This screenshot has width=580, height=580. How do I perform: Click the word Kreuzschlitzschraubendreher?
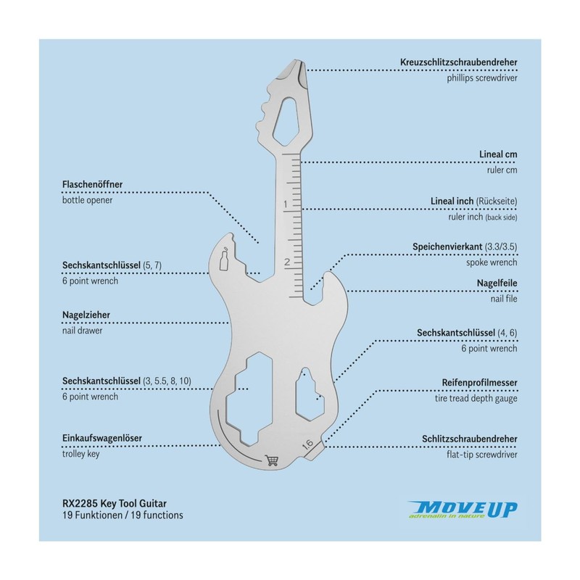click(x=459, y=62)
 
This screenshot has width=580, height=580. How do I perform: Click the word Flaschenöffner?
click(x=97, y=185)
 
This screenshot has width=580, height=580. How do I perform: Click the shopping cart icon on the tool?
click(x=273, y=459)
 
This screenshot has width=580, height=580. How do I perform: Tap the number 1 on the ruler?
click(x=286, y=205)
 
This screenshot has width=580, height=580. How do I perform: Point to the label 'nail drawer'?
click(x=82, y=331)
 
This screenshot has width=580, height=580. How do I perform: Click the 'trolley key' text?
click(x=80, y=454)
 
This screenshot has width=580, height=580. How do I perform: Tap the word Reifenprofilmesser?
click(x=479, y=382)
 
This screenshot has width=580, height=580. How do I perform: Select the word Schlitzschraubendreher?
click(x=469, y=439)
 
